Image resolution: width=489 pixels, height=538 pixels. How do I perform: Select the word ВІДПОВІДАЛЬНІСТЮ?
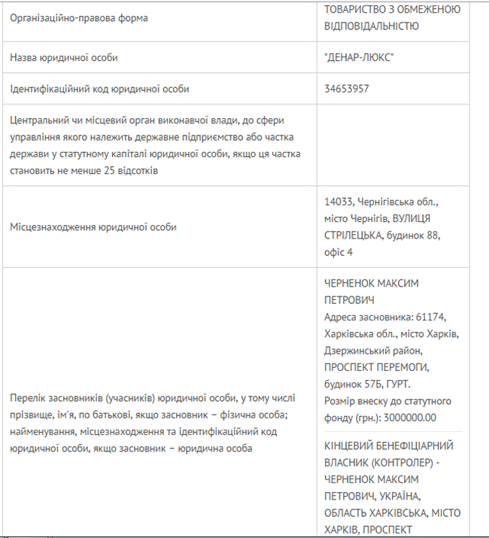(x=371, y=26)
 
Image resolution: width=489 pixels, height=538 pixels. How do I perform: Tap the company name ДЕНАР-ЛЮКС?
(x=359, y=57)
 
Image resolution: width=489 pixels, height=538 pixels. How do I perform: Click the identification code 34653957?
(x=347, y=89)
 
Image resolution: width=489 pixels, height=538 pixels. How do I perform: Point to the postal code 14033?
(x=339, y=203)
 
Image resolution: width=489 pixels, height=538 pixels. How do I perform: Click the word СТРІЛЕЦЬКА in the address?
(x=353, y=235)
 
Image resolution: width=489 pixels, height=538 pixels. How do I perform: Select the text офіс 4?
(x=339, y=251)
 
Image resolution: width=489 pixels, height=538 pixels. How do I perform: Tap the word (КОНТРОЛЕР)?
(x=397, y=463)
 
